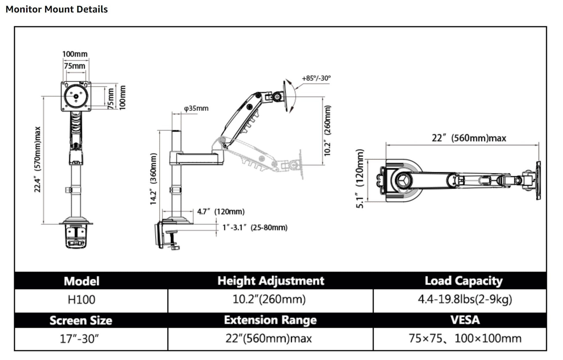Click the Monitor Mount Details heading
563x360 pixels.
click(x=57, y=9)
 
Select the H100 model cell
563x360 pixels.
click(x=81, y=300)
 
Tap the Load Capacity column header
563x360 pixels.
click(x=463, y=281)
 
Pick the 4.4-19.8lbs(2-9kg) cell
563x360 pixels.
click(x=465, y=299)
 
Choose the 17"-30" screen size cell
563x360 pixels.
click(x=79, y=339)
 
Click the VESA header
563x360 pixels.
click(x=465, y=320)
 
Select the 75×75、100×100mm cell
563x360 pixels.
click(x=465, y=338)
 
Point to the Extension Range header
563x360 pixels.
click(x=270, y=320)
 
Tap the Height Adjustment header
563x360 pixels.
click(x=271, y=281)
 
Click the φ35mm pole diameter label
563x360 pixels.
click(x=196, y=108)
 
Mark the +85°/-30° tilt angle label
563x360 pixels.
click(x=316, y=78)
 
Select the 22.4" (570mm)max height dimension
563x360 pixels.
click(x=37, y=160)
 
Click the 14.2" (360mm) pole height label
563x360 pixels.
click(x=153, y=179)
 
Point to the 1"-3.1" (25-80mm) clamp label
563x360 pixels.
click(x=255, y=228)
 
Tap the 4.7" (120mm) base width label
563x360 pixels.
click(x=221, y=212)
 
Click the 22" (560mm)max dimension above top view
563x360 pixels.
click(x=469, y=138)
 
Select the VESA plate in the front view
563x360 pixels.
click(x=76, y=96)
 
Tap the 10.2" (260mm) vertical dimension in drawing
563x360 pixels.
click(x=328, y=131)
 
